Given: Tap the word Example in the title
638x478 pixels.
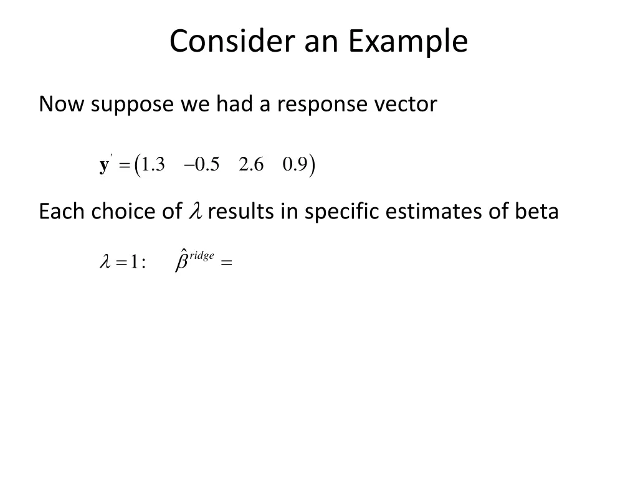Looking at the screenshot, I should (407, 42).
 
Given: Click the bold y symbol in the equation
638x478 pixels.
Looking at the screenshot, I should (104, 166).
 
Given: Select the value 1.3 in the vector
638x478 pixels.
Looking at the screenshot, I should (153, 165).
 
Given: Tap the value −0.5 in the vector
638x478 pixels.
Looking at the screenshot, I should (201, 165).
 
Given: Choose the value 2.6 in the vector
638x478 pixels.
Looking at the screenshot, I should (251, 165).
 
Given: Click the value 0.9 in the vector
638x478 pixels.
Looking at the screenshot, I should (295, 165).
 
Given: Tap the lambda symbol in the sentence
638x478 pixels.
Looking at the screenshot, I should (194, 212).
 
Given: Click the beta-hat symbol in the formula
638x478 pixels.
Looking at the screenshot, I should (182, 261).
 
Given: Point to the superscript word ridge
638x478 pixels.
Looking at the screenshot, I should (202, 256).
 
